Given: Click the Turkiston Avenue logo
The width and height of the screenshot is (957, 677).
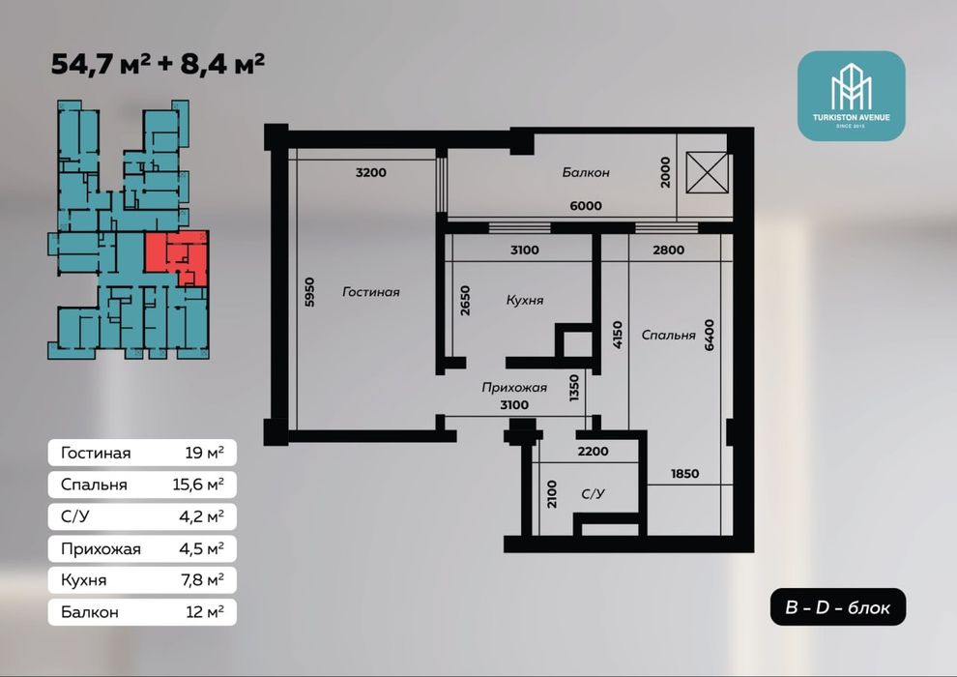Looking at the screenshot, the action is coord(852,96).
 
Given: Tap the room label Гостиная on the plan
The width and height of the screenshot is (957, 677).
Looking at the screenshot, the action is coord(371,292).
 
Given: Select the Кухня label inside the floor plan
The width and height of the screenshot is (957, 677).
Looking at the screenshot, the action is coord(524,301).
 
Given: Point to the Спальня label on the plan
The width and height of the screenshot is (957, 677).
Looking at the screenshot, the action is coord(668,336).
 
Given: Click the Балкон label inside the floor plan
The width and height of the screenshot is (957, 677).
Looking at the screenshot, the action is coord(586,173).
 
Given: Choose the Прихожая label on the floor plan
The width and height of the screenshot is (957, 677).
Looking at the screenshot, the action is coord(514,387).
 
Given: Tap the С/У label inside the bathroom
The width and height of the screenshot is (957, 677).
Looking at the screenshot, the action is coord(593,493).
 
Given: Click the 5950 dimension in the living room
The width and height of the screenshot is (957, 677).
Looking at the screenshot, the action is coord(309,292).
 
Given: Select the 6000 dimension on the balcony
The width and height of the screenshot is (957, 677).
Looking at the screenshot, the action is coord(586,206).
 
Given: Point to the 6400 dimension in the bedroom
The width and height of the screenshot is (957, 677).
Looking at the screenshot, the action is coord(709,335).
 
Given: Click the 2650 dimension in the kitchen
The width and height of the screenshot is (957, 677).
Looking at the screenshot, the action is coord(465,301).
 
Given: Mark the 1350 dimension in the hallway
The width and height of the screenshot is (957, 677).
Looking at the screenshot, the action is coord(573,388).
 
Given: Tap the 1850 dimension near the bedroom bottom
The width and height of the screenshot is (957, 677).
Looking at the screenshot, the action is coord(684,474).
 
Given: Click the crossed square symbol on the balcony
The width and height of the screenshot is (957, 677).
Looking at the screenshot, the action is coord(707,173).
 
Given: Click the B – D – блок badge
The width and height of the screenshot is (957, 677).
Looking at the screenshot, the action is coord(838,606).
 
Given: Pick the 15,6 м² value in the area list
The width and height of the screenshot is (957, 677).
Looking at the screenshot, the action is coord(198,485).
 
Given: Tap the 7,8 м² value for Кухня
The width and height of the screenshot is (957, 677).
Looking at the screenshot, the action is coord(202,579).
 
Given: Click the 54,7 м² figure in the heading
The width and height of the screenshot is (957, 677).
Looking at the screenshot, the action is coord(101,64).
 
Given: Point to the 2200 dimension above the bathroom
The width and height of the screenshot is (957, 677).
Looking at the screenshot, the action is coord(594,451).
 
